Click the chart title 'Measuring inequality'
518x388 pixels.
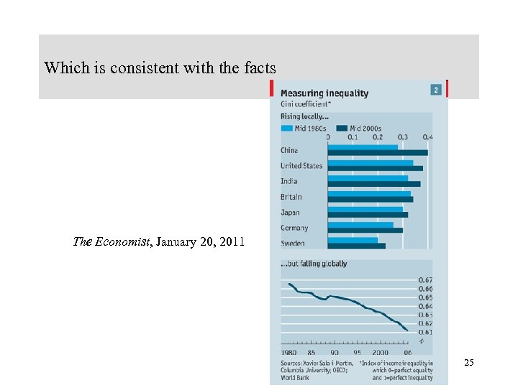tap(324, 93)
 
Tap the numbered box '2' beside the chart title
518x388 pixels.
tap(435, 90)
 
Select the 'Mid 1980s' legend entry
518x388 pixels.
tap(305, 129)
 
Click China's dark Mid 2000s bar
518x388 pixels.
tap(378, 153)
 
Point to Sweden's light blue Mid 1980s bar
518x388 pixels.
tap(353, 240)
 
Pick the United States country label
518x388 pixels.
tap(301, 166)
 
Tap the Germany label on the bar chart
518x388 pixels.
tap(294, 228)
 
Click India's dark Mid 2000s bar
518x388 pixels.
tap(374, 184)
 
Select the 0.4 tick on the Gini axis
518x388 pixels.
tap(428, 137)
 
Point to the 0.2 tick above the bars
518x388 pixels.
tap(378, 137)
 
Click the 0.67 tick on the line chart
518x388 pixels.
tap(426, 280)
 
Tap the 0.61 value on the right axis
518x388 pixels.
tap(426, 332)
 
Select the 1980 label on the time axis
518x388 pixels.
tap(288, 353)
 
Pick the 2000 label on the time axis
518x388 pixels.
tap(380, 353)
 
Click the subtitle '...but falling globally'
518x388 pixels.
tap(314, 264)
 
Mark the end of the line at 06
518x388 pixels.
tap(408, 331)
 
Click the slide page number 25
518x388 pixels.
tap(469, 364)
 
